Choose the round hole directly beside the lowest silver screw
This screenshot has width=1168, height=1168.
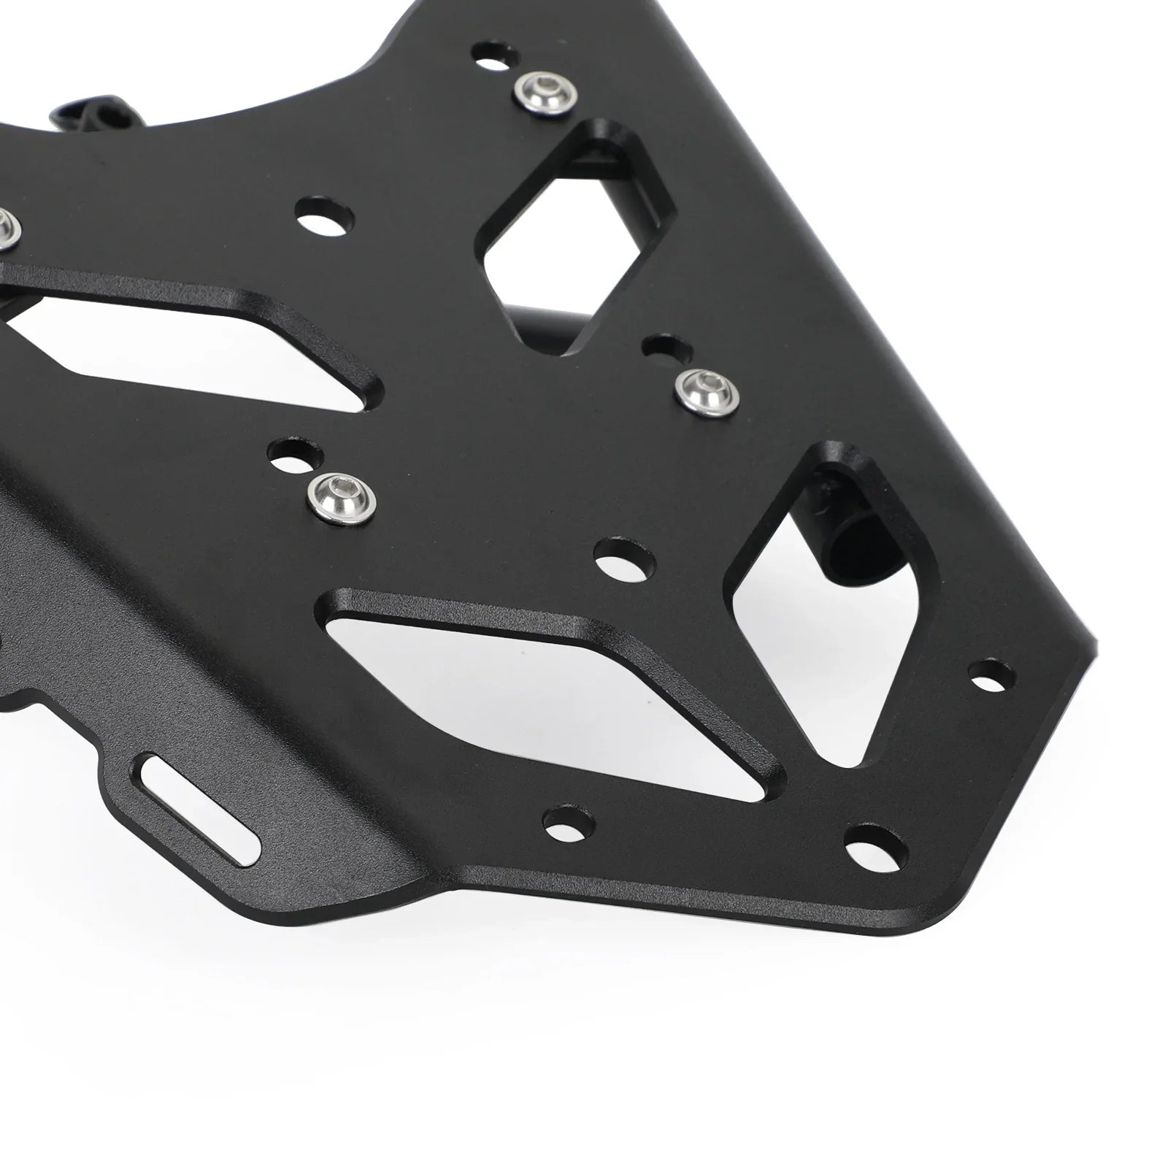(x=296, y=453)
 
